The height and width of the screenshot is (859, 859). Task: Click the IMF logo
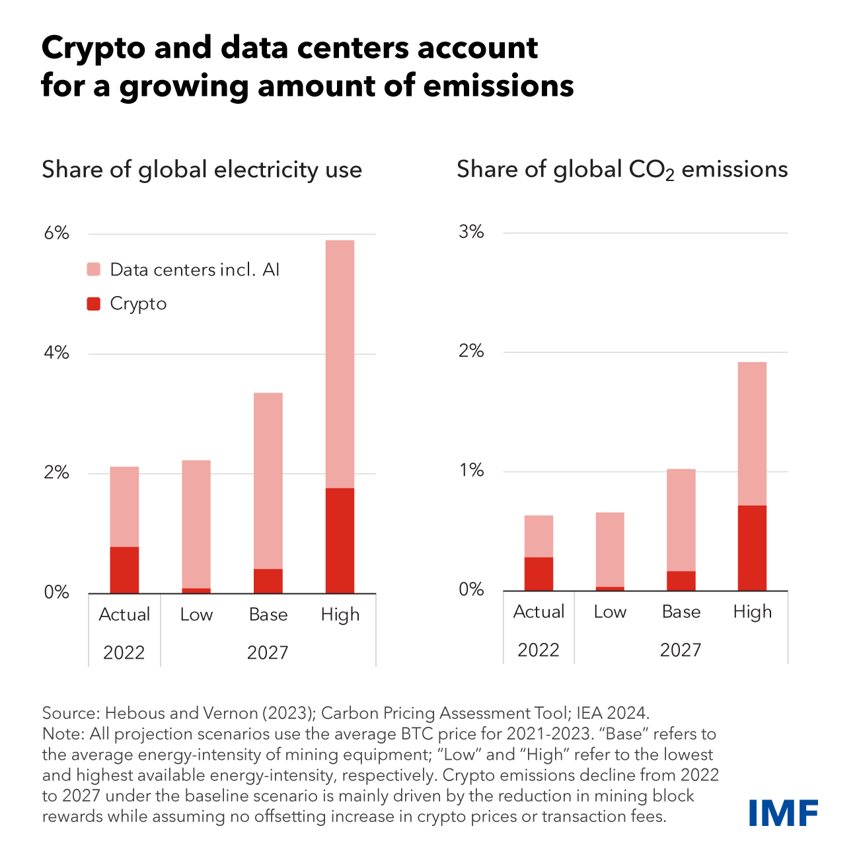(x=783, y=812)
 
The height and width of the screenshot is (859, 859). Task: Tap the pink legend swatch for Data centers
(x=94, y=270)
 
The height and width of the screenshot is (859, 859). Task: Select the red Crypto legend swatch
(x=94, y=304)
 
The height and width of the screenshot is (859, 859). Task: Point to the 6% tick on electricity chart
(x=57, y=233)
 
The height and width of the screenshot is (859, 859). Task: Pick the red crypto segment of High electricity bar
(x=340, y=541)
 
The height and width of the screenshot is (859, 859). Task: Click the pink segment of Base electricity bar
(x=268, y=480)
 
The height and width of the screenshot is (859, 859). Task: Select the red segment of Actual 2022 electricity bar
(x=124, y=570)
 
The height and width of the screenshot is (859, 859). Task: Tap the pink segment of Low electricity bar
(x=196, y=523)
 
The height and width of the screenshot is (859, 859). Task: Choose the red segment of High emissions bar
(x=752, y=548)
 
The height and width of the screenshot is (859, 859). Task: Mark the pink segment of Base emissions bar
(x=681, y=519)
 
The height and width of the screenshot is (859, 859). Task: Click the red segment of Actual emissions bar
(x=539, y=574)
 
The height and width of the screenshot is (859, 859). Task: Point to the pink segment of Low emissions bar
(x=609, y=549)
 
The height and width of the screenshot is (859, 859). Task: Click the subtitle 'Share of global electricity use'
(x=202, y=170)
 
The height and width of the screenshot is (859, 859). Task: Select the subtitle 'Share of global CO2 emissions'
(x=622, y=170)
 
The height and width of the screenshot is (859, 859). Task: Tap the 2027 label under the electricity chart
(x=268, y=653)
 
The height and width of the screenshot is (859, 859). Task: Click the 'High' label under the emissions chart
(x=752, y=612)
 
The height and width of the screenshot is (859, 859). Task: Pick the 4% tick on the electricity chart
(x=57, y=353)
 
